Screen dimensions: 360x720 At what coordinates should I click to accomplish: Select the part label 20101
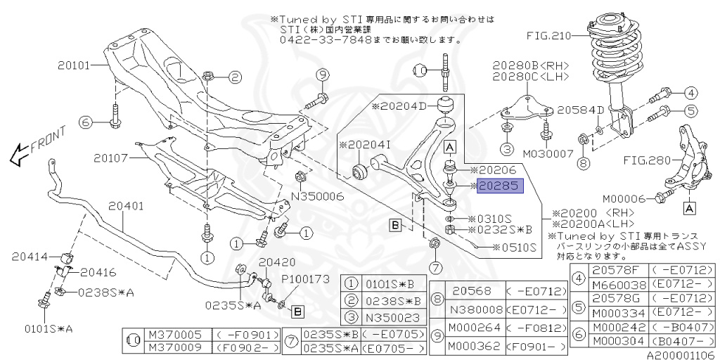click(x=74, y=65)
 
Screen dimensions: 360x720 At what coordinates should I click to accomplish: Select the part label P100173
click(x=306, y=279)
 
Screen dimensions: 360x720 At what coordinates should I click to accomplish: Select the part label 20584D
click(x=581, y=110)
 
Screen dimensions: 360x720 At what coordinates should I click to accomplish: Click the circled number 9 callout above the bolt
click(x=322, y=75)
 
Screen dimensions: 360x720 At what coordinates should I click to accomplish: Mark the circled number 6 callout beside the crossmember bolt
click(x=85, y=122)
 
